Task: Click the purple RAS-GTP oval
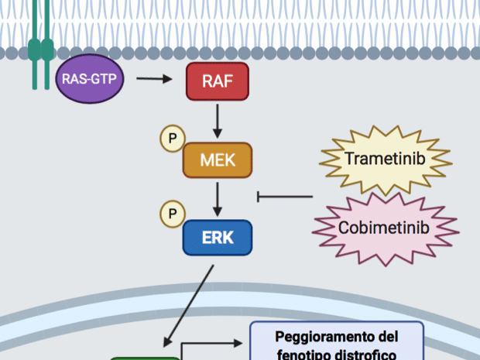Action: (x=89, y=79)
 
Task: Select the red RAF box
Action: (x=218, y=81)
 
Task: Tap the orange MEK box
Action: (x=218, y=160)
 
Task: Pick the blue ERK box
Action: (x=218, y=238)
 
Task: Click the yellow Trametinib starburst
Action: (x=385, y=161)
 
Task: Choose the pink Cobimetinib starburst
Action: (x=384, y=227)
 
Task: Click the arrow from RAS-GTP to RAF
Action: (x=155, y=79)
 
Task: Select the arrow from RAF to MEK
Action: (x=218, y=120)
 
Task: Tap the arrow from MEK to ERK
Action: (x=218, y=199)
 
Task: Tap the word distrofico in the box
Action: (x=364, y=354)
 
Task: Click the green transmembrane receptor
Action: (x=41, y=46)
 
